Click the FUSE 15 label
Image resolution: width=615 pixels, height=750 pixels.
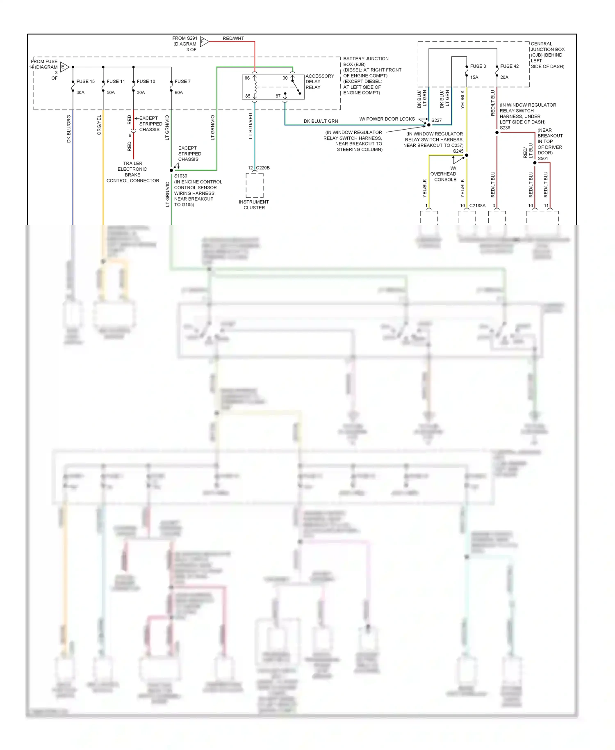[85, 81]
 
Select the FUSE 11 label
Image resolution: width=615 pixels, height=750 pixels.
[116, 81]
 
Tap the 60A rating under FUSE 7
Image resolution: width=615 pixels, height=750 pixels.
[179, 92]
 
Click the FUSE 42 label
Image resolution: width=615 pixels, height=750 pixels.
[509, 66]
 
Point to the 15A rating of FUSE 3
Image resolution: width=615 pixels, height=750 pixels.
[474, 77]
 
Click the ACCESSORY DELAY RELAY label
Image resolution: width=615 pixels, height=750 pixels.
[319, 82]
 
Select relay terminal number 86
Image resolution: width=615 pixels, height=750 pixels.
[247, 78]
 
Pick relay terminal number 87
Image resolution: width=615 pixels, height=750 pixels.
[278, 96]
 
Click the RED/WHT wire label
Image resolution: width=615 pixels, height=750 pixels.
[233, 38]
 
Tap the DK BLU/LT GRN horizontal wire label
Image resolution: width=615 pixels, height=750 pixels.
[321, 121]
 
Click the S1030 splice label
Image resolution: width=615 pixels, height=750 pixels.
[180, 176]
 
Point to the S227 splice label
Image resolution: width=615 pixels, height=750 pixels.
[436, 120]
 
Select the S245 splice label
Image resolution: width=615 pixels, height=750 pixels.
[458, 151]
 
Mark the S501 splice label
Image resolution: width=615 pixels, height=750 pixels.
[542, 158]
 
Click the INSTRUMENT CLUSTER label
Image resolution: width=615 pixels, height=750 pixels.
[254, 205]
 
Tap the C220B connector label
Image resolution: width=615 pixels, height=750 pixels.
[263, 167]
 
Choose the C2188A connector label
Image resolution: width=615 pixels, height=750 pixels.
[477, 206]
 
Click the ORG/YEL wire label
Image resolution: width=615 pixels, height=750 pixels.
[99, 125]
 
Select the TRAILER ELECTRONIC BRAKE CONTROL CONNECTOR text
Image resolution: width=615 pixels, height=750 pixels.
[132, 172]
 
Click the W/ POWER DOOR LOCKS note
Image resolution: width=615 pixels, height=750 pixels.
[387, 119]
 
